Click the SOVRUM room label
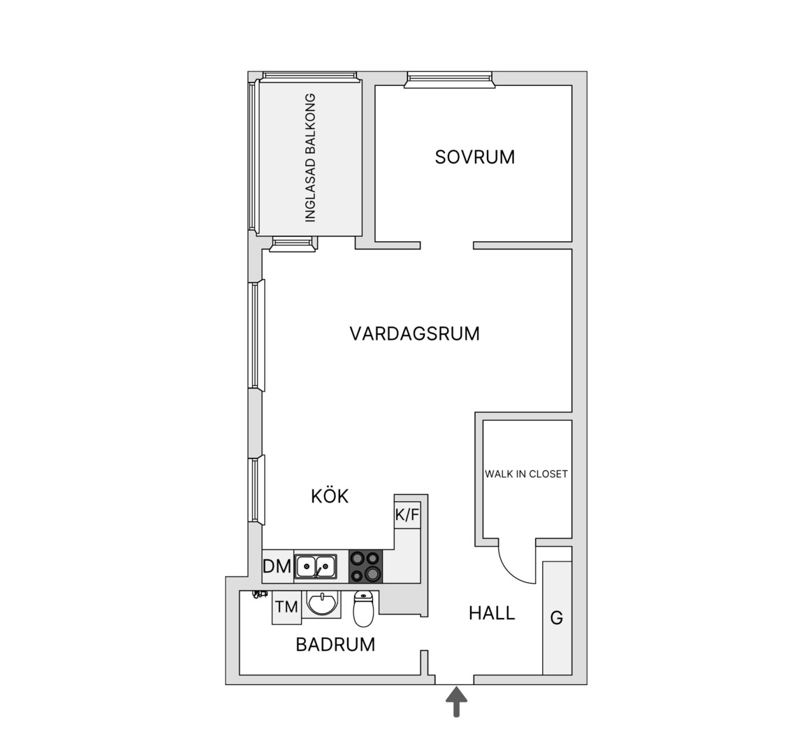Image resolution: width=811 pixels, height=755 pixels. pos(475,157)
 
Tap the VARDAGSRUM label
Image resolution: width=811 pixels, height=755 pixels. pos(415,333)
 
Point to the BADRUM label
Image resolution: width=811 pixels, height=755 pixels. pos(335,645)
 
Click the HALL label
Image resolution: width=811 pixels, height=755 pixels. pos(492,613)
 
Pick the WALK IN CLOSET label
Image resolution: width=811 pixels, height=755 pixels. pos(527,474)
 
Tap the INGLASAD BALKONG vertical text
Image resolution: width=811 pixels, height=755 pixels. pos(310,158)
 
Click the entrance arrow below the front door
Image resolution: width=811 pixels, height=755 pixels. pos(456,702)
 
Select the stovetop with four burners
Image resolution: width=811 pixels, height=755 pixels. pos(365,566)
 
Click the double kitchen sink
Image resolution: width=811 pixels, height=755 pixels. pos(316,566)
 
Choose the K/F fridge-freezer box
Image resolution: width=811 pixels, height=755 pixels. pos(407,515)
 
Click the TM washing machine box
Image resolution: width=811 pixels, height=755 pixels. pos(286,607)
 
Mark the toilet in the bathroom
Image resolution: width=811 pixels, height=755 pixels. pos(363,609)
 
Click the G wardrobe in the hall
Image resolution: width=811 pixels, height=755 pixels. pos(557,617)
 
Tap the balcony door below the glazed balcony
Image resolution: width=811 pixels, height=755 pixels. pos(292,244)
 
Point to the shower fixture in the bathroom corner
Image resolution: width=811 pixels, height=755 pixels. pos(256,595)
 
